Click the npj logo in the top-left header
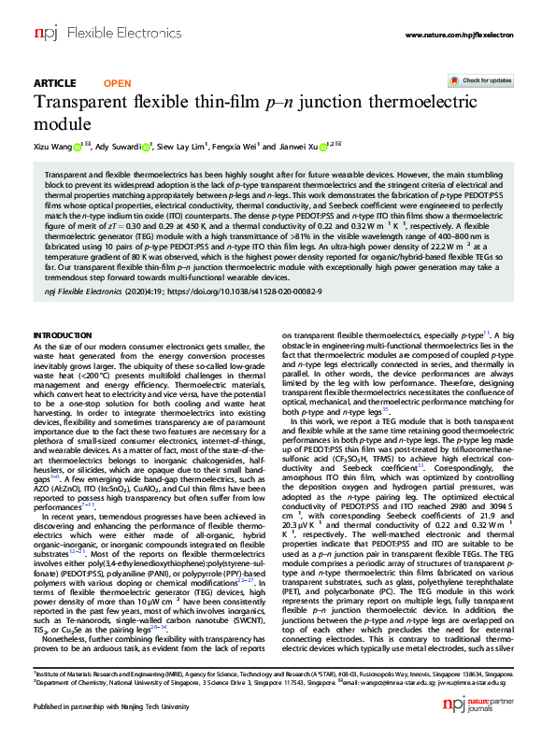45,33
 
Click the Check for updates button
486,81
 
